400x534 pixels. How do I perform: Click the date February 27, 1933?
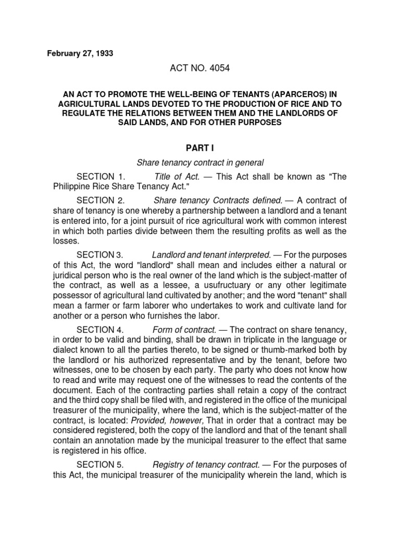pyautogui.click(x=80, y=54)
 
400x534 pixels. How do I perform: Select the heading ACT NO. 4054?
pyautogui.click(x=199, y=68)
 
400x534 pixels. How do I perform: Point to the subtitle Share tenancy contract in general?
pyautogui.click(x=199, y=162)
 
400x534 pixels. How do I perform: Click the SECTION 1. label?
pyautogui.click(x=101, y=177)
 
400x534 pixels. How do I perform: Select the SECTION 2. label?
pyautogui.click(x=101, y=200)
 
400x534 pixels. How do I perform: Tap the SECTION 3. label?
pyautogui.click(x=100, y=254)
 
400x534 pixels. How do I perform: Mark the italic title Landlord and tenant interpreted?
pyautogui.click(x=211, y=254)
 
